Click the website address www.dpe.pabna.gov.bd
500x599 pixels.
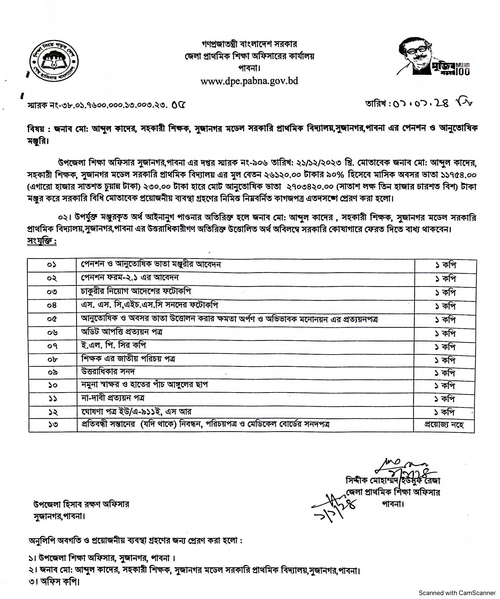click(249, 81)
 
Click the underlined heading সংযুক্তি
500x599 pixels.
click(42, 241)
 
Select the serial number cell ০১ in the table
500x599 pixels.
click(52, 265)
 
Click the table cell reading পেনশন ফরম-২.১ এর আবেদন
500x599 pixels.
click(130, 278)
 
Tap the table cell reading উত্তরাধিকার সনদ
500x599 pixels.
click(108, 372)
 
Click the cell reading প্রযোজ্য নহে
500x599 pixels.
click(444, 425)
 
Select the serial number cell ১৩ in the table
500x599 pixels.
click(53, 425)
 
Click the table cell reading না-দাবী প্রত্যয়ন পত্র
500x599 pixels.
click(113, 398)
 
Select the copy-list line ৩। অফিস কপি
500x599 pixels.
click(54, 582)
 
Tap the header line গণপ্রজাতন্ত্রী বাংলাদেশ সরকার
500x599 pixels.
click(249, 44)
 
